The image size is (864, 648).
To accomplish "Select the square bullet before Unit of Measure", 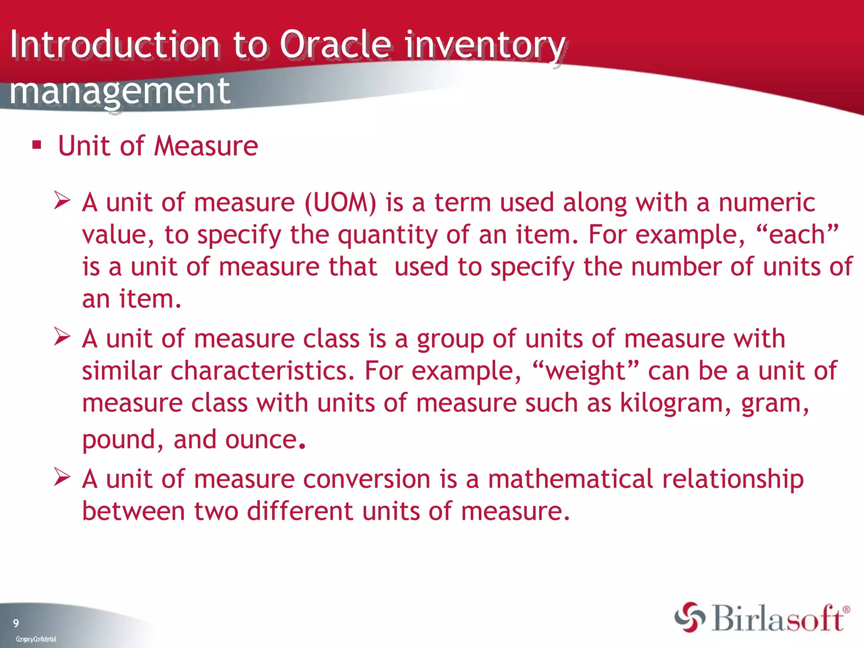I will point(37,146).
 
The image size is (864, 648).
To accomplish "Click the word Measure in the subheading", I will point(206,146).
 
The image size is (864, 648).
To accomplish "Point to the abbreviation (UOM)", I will point(340,202).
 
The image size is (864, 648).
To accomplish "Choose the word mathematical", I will point(570,479).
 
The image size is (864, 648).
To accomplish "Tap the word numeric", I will point(767,202).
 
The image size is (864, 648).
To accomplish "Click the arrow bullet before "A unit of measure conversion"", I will point(62,478).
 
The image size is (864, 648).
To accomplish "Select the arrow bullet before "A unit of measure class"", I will point(62,337).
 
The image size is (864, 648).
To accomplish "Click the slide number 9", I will point(16,623).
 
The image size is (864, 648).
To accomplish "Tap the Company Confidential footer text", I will point(36,639).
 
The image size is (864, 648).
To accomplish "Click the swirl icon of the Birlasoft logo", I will point(689,618).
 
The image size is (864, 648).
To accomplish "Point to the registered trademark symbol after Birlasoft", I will point(846,610).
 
